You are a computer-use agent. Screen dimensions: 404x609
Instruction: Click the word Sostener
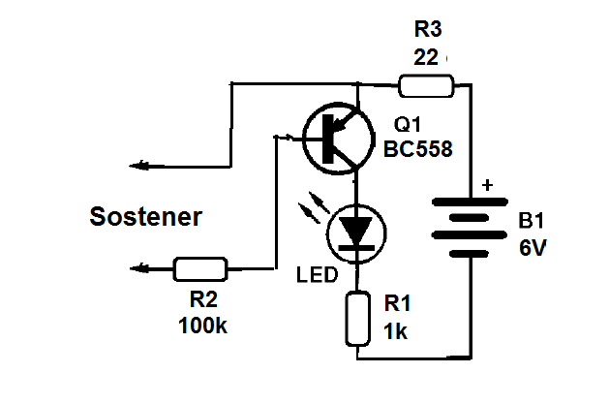[146, 216]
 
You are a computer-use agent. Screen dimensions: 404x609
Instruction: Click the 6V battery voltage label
[533, 248]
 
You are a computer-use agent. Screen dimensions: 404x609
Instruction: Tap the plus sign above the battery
[487, 184]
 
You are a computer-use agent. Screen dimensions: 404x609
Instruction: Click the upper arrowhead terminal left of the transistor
[139, 166]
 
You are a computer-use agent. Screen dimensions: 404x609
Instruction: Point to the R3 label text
[425, 28]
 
